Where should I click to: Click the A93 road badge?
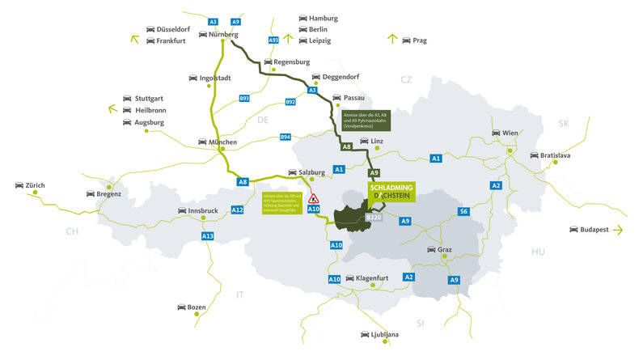273,40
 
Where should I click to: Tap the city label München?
222,142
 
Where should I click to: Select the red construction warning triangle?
315,197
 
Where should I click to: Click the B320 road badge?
374,218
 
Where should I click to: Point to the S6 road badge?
463,211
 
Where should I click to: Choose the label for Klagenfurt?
378,278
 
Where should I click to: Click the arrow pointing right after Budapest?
620,231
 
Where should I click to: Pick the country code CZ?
406,78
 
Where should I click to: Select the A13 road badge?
208,235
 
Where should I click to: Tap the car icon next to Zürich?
20,184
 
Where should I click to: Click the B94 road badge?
285,138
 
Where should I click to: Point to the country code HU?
539,252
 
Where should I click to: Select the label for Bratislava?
556,155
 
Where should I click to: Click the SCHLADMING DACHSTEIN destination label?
391,192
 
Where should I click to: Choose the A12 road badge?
237,210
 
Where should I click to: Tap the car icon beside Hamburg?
303,17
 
